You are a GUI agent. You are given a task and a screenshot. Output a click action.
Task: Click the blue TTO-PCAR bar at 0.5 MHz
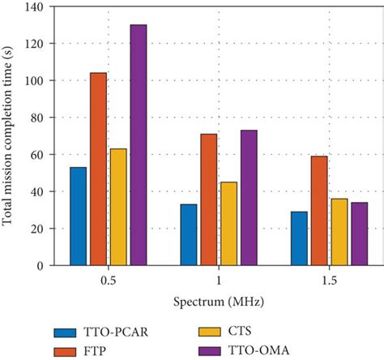[79, 216]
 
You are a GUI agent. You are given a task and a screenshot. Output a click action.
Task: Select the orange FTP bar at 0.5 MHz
[98, 169]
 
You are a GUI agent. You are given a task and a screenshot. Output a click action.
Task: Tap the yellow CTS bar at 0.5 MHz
[118, 207]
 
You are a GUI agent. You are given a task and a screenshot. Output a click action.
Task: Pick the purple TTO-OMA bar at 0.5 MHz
[138, 145]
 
